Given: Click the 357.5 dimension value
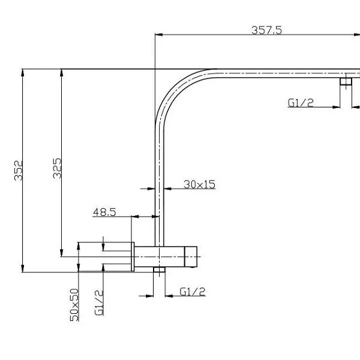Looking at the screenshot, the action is pos(266,30).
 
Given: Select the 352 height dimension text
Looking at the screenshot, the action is pos(19,170).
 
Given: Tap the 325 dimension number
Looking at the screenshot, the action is pos(57,168).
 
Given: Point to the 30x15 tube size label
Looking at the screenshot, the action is pos(200,184).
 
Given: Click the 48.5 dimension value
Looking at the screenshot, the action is pos(104,212).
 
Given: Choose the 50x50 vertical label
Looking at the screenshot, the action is pos(74,305).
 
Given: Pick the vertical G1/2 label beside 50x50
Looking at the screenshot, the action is pos(99,303).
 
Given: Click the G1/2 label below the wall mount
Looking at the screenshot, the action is pos(193,292).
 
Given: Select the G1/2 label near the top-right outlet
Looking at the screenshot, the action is pos(301,103).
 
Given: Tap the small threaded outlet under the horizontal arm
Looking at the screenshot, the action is pos(346,81).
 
